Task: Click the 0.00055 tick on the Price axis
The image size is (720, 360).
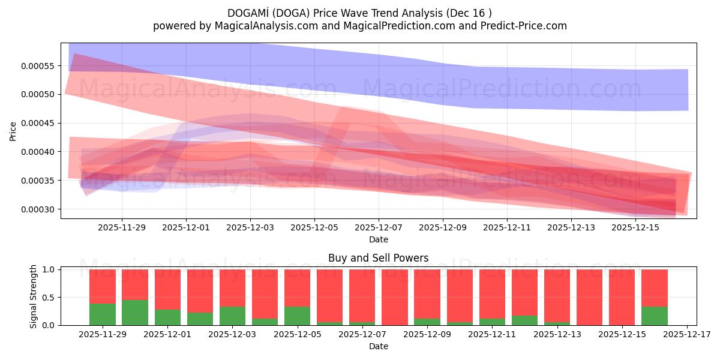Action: point(37,65)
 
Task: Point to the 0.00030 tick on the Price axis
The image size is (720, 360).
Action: point(37,209)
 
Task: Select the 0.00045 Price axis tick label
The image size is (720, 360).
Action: point(37,123)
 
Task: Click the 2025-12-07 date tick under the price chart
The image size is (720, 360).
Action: point(379,228)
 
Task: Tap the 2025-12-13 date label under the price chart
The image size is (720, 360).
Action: point(571,228)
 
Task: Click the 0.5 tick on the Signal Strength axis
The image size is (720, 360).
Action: point(49,298)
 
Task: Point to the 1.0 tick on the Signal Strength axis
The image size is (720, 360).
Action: point(49,270)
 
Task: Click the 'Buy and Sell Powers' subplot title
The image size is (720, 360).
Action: point(378,259)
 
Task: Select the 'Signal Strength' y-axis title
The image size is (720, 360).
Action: point(34,296)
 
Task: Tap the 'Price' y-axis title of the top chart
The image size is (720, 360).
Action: point(13,130)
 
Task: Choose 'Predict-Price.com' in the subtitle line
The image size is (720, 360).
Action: point(526,26)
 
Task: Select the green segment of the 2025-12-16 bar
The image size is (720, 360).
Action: point(654,316)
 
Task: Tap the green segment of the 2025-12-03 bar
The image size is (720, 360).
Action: point(232,316)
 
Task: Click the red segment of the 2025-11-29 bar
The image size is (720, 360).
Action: point(103,286)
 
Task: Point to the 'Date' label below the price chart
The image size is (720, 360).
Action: point(378,239)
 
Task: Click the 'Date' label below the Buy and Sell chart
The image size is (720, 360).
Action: point(378,346)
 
